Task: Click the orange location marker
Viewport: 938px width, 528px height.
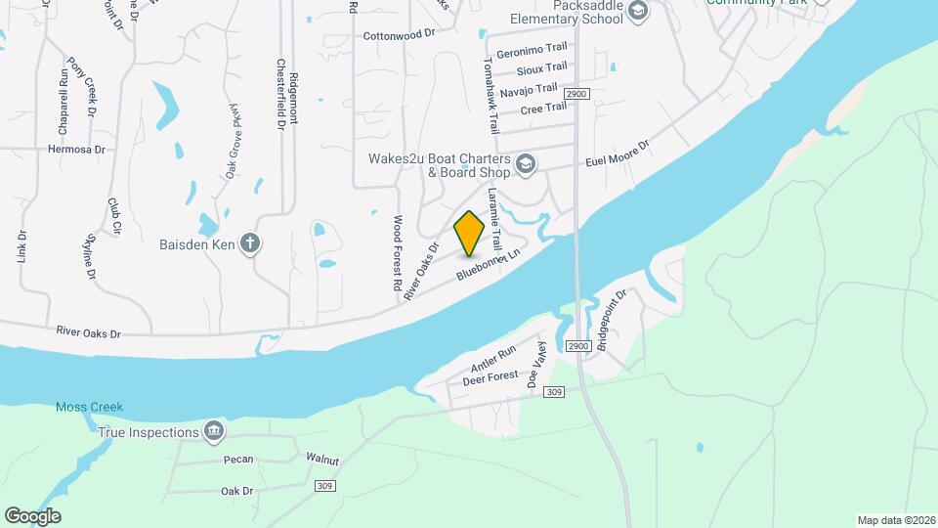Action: (470, 233)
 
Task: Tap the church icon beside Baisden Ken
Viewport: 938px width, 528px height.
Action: (250, 242)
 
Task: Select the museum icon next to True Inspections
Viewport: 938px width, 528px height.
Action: (214, 430)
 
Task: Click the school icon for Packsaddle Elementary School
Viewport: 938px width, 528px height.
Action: (638, 12)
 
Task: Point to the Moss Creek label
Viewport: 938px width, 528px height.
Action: (90, 408)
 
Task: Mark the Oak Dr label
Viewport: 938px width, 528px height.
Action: (236, 491)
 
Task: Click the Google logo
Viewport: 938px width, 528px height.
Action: (32, 515)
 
